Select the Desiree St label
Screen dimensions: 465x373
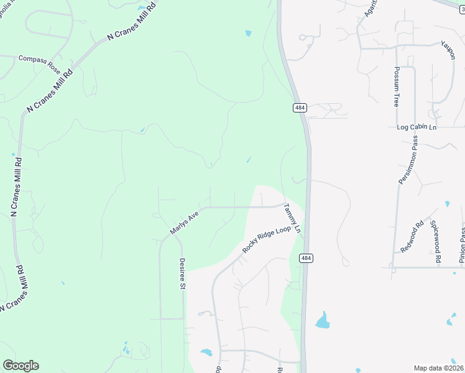[183, 274]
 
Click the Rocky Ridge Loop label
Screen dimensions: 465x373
[267, 239]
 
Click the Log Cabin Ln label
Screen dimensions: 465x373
[417, 127]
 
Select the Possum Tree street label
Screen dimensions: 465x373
[396, 86]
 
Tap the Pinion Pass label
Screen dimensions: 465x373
[462, 244]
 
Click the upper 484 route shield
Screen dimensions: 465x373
[300, 108]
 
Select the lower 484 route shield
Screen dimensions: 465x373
[305, 257]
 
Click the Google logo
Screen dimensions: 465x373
[21, 366]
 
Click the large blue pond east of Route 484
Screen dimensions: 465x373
[322, 321]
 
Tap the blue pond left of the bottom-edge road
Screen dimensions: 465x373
[206, 352]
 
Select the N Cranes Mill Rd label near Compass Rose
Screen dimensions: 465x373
[49, 91]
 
